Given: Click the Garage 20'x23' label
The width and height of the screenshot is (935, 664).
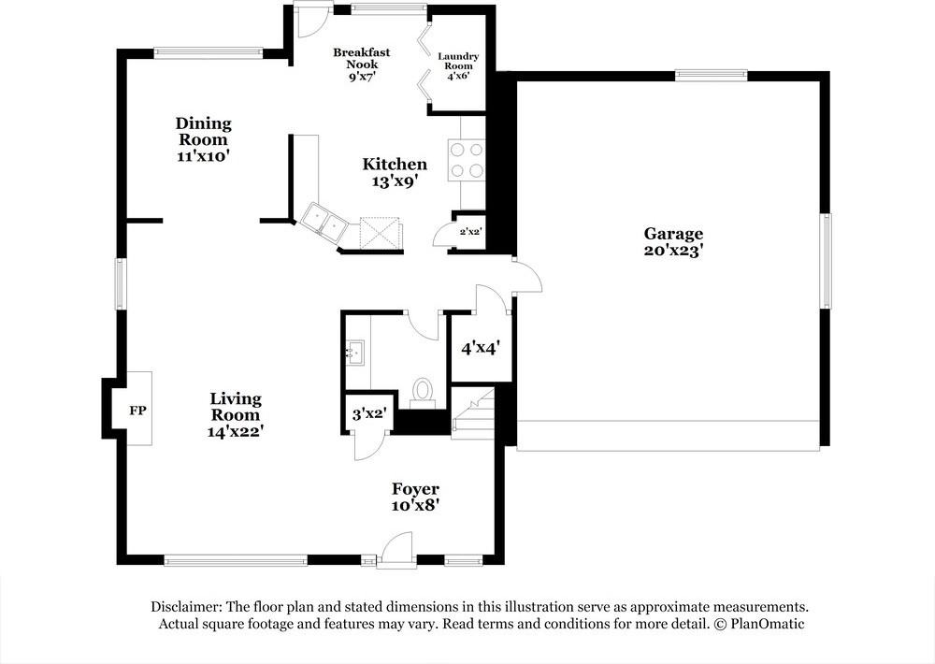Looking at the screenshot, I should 672,242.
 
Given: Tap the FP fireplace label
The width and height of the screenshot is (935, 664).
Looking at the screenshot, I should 137,411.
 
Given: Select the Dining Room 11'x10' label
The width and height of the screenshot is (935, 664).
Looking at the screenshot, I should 203,139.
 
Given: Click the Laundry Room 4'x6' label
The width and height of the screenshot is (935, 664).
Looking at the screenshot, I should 458,66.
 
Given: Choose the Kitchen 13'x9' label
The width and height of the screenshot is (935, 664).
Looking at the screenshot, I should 395,173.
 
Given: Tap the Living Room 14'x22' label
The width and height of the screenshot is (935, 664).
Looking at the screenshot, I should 235,414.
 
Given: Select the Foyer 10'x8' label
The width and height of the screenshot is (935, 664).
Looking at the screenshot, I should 415,497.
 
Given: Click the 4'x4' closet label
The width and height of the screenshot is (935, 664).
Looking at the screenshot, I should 481,348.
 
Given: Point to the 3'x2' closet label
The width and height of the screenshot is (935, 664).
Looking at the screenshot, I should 368,411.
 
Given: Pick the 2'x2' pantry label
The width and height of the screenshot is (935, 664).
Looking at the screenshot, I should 469,231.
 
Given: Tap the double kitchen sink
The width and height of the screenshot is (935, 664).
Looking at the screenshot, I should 324,223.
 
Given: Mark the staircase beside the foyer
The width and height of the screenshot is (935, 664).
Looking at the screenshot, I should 472,414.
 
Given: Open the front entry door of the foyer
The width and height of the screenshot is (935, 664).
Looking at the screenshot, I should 396,552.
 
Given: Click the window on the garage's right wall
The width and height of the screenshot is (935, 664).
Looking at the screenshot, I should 826,261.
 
